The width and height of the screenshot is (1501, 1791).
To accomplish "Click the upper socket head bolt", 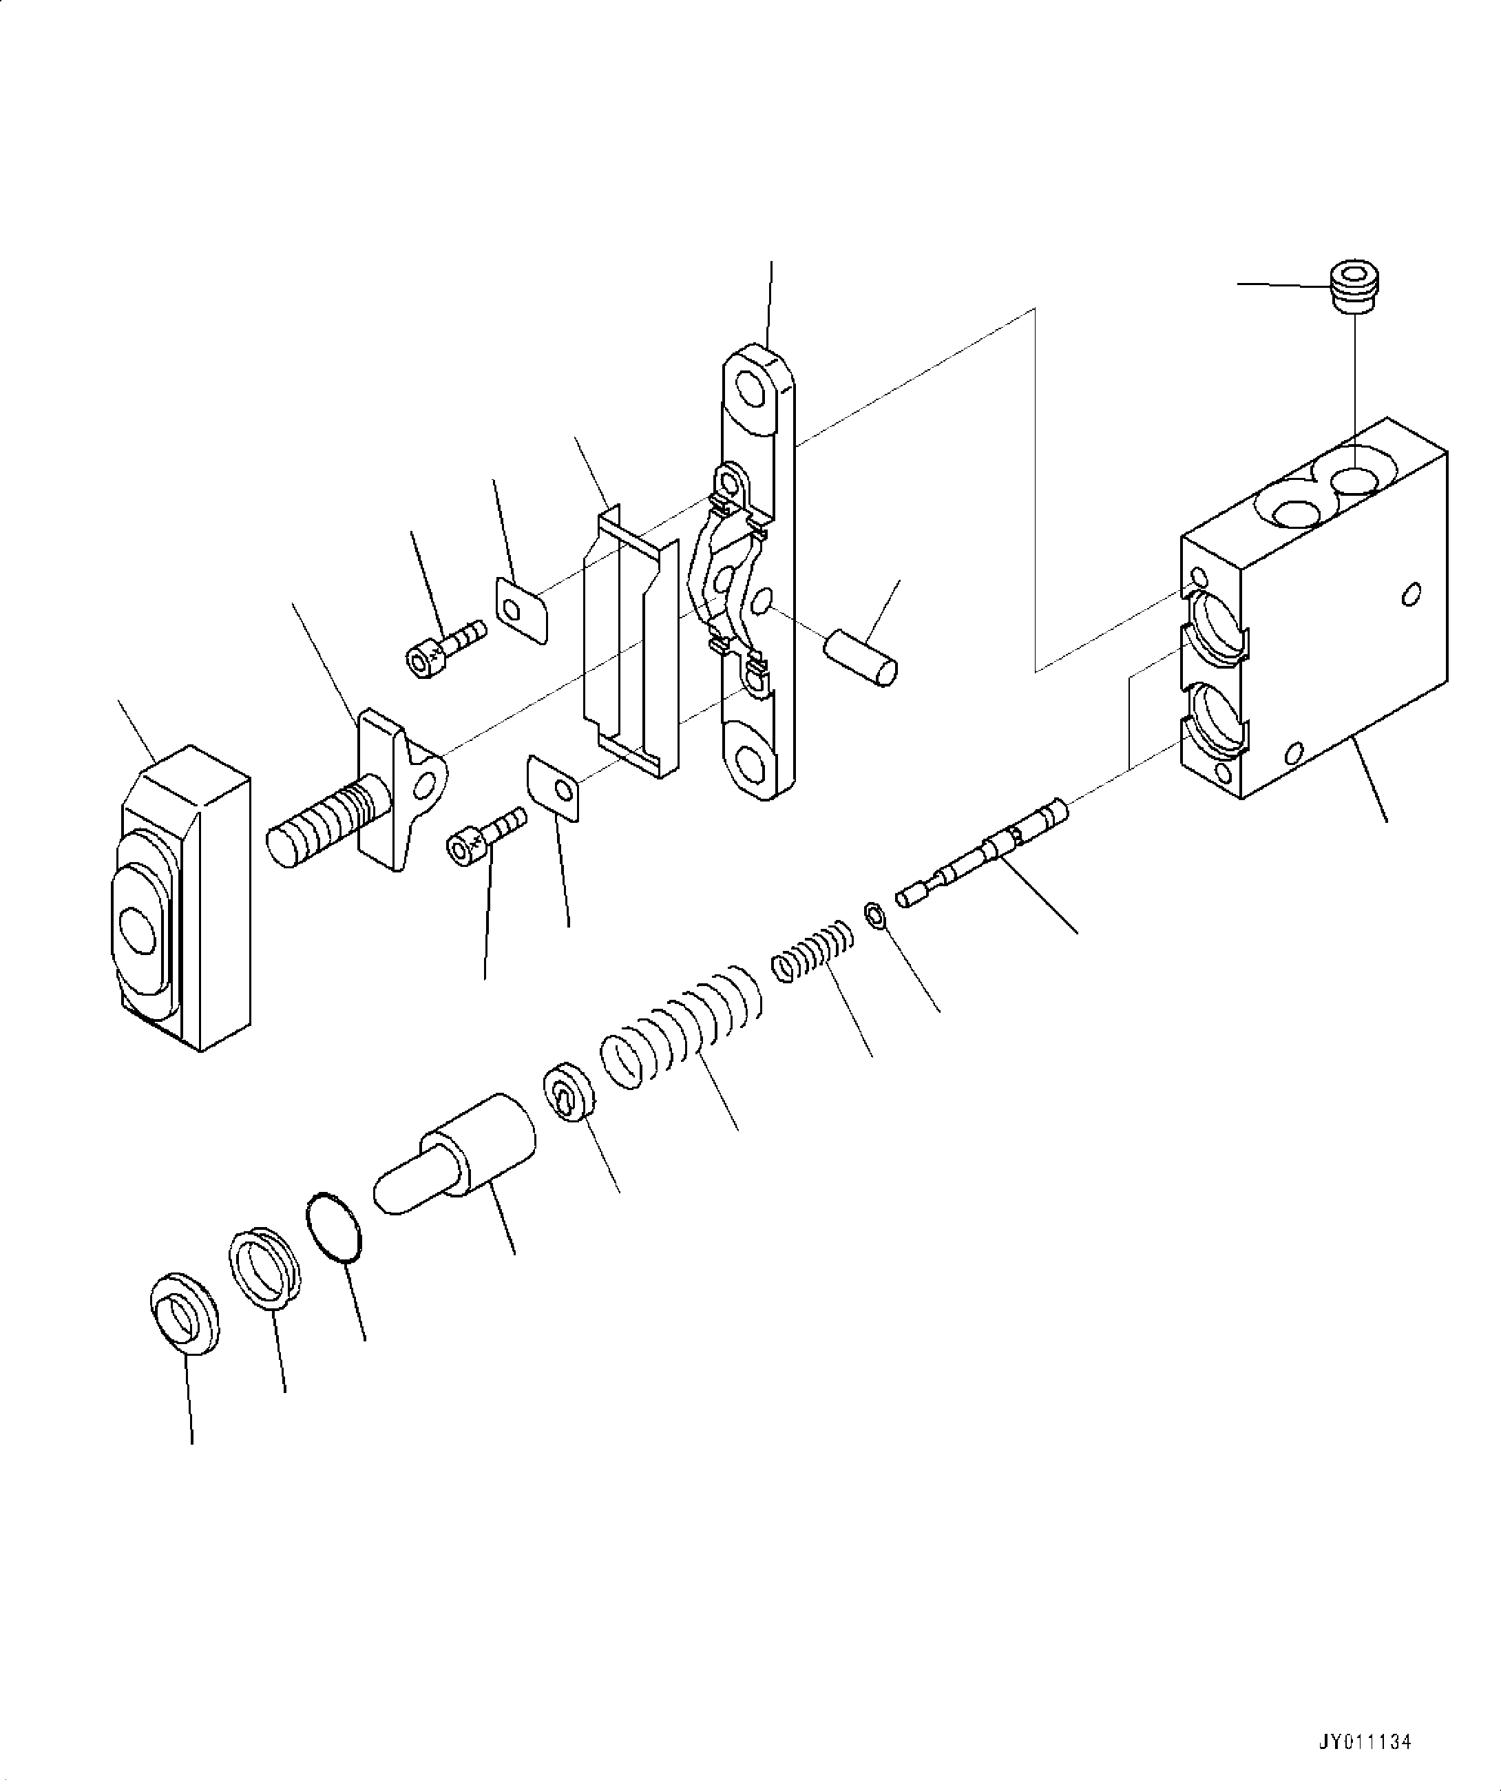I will click(444, 648).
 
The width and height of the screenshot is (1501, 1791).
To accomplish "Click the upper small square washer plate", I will click(521, 607).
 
